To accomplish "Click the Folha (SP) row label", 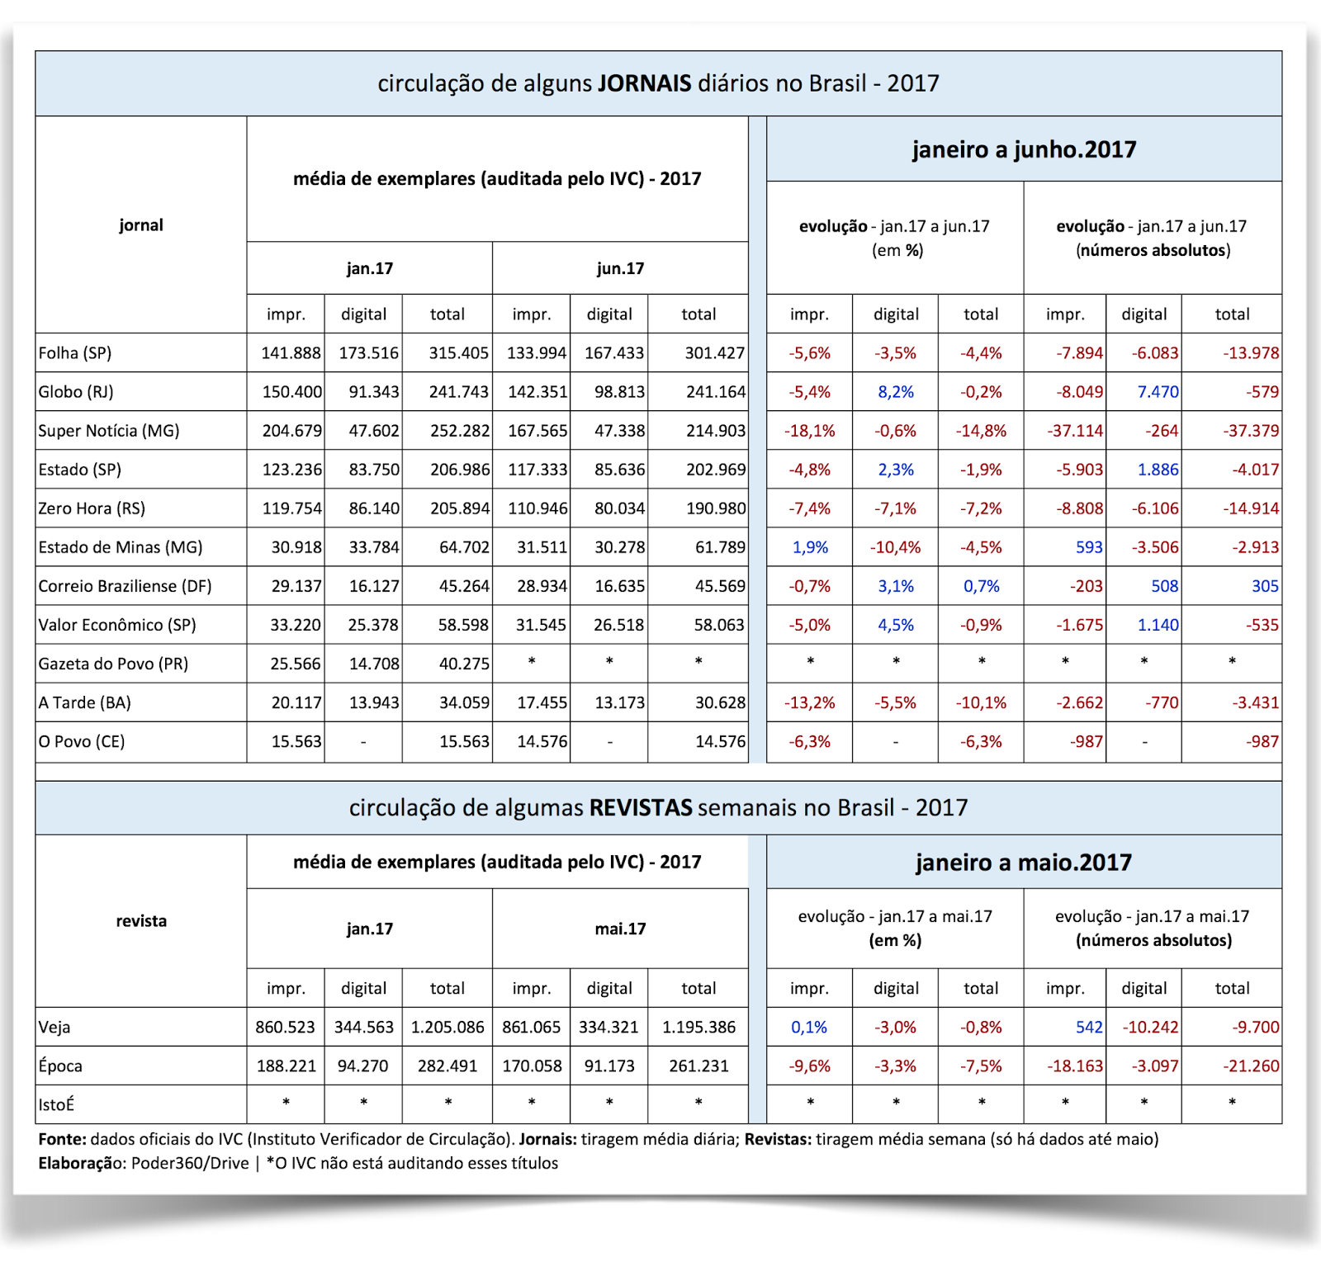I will pyautogui.click(x=75, y=353).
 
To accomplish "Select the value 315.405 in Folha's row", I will pyautogui.click(x=458, y=353).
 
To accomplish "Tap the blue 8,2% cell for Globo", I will pyautogui.click(x=896, y=392).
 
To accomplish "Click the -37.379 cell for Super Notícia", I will pyautogui.click(x=1251, y=431).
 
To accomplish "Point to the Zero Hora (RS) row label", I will pyautogui.click(x=92, y=508).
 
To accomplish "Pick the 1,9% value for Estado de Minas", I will pyautogui.click(x=810, y=547).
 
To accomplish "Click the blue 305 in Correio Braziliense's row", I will pyautogui.click(x=1265, y=586).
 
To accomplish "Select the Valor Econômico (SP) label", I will pyautogui.click(x=117, y=625).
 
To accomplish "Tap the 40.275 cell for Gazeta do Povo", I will pyautogui.click(x=464, y=664).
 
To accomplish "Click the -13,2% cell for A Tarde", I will pyautogui.click(x=809, y=702).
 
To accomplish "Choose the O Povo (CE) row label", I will pyautogui.click(x=82, y=741).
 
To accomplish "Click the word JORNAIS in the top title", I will pyautogui.click(x=645, y=83).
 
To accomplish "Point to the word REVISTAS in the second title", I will pyautogui.click(x=641, y=807).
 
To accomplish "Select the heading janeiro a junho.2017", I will pyautogui.click(x=1024, y=149).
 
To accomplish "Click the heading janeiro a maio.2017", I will pyautogui.click(x=1024, y=863).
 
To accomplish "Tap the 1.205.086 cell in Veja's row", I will pyautogui.click(x=447, y=1028).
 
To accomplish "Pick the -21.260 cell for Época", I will pyautogui.click(x=1251, y=1066).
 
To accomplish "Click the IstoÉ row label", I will pyautogui.click(x=56, y=1105).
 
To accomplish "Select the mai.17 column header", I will pyautogui.click(x=620, y=929).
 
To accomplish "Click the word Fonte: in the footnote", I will pyautogui.click(x=62, y=1140).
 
